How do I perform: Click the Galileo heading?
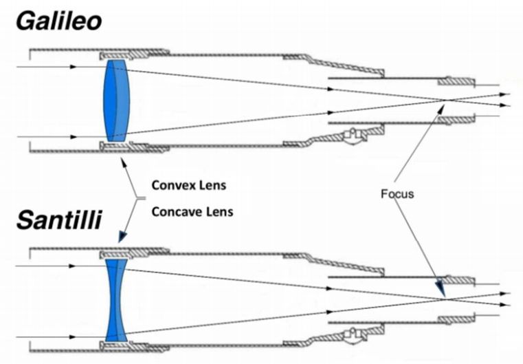(x=58, y=21)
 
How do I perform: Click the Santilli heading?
(x=58, y=220)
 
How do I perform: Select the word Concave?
(x=177, y=212)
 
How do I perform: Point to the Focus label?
(x=397, y=193)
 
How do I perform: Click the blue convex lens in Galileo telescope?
(x=115, y=101)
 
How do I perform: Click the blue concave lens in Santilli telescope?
(x=116, y=300)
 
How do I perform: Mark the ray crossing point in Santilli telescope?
(x=445, y=299)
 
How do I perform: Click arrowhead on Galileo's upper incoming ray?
(x=73, y=67)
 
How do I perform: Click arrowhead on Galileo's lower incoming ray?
(x=73, y=137)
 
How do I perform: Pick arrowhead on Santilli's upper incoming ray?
(x=72, y=266)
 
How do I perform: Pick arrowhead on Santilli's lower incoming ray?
(x=72, y=337)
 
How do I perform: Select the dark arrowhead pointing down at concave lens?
(x=122, y=237)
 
